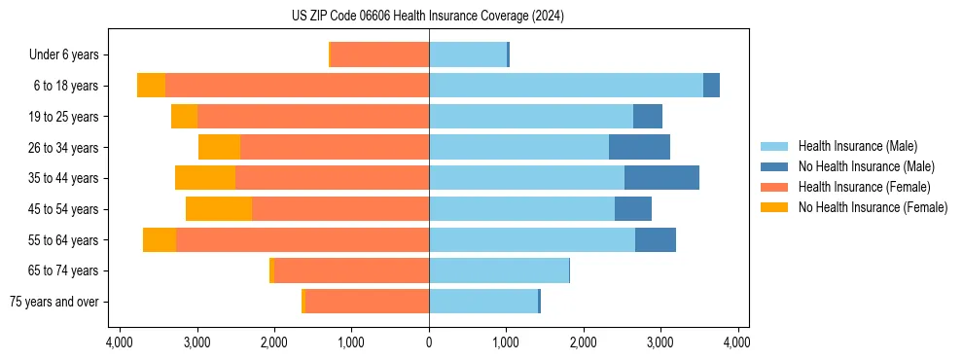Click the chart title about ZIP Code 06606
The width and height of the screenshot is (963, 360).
428,17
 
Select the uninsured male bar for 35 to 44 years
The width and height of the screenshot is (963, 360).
661,177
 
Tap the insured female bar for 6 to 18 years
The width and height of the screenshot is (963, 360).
297,85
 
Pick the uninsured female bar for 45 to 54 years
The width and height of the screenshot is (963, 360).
219,208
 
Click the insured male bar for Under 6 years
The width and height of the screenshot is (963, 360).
468,54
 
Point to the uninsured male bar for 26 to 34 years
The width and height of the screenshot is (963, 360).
639,147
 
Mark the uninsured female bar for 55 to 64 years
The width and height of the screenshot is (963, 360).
160,239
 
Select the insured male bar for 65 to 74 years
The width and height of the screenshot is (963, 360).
499,270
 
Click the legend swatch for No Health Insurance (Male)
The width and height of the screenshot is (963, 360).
775,166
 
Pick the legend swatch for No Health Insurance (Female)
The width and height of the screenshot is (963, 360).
775,207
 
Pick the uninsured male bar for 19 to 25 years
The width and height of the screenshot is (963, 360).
648,116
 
